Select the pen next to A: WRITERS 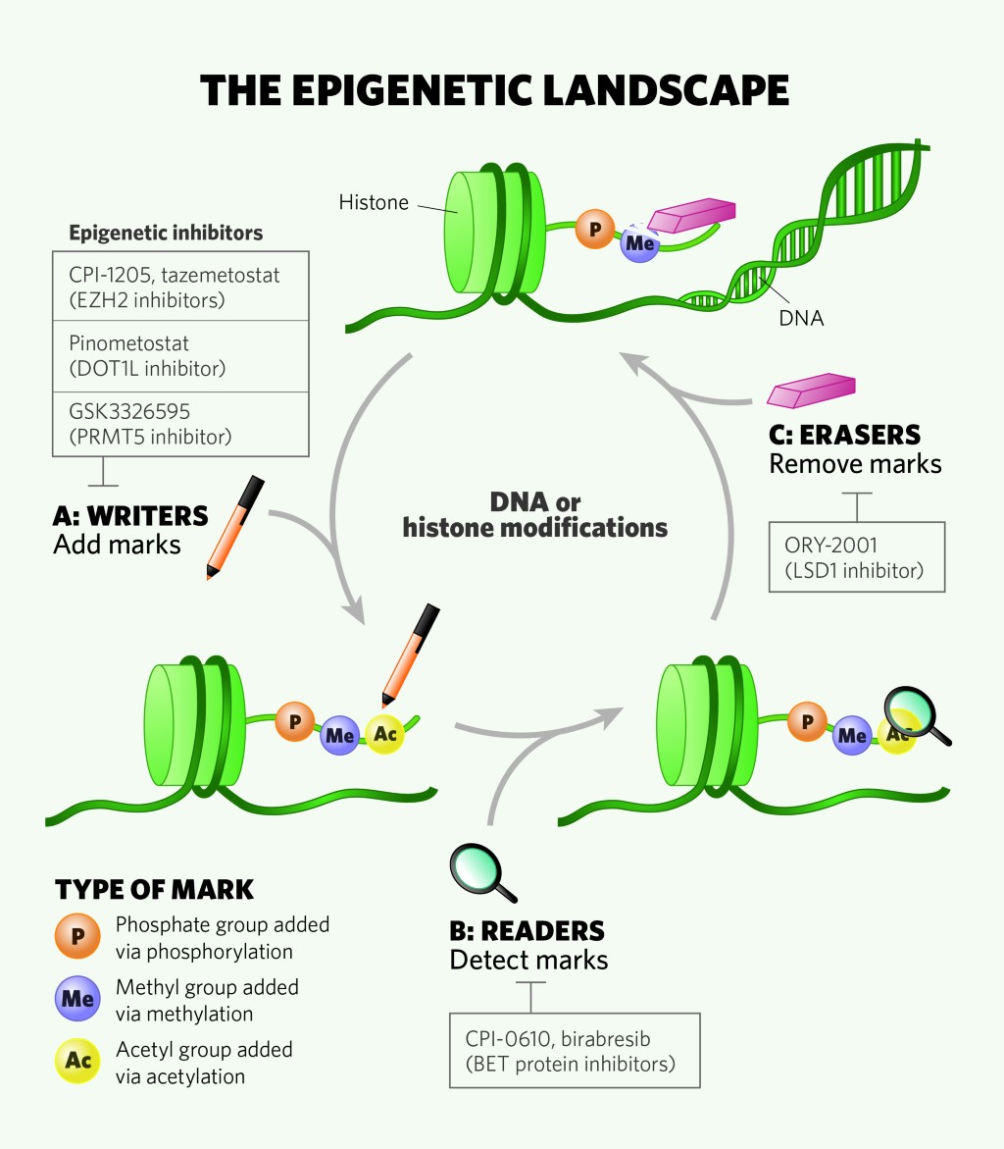pos(235,526)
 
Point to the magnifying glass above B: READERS pos(480,870)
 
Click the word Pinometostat pos(129,344)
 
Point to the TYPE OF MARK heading pos(155,890)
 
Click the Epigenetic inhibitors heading pos(166,234)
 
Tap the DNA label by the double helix pos(800,318)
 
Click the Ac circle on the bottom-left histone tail pos(383,734)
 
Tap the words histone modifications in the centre pos(535,527)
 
